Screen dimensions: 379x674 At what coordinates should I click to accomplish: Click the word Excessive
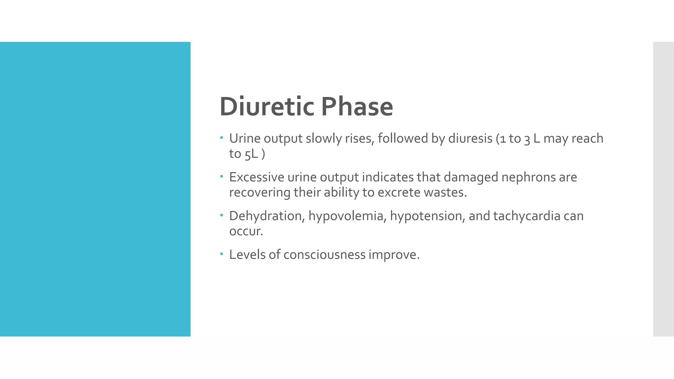click(x=256, y=177)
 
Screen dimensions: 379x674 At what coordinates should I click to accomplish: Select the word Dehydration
click(x=267, y=216)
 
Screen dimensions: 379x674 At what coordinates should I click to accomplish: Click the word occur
click(x=246, y=231)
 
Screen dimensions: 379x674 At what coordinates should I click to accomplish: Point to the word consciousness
click(x=324, y=255)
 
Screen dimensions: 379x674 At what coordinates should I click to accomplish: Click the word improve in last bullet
click(x=394, y=255)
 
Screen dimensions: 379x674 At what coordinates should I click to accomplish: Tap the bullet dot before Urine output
click(x=222, y=138)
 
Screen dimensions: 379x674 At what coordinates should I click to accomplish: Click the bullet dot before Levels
click(x=222, y=254)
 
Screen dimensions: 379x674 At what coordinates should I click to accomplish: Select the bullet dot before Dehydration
click(x=222, y=215)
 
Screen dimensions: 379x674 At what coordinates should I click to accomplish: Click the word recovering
click(x=260, y=192)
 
